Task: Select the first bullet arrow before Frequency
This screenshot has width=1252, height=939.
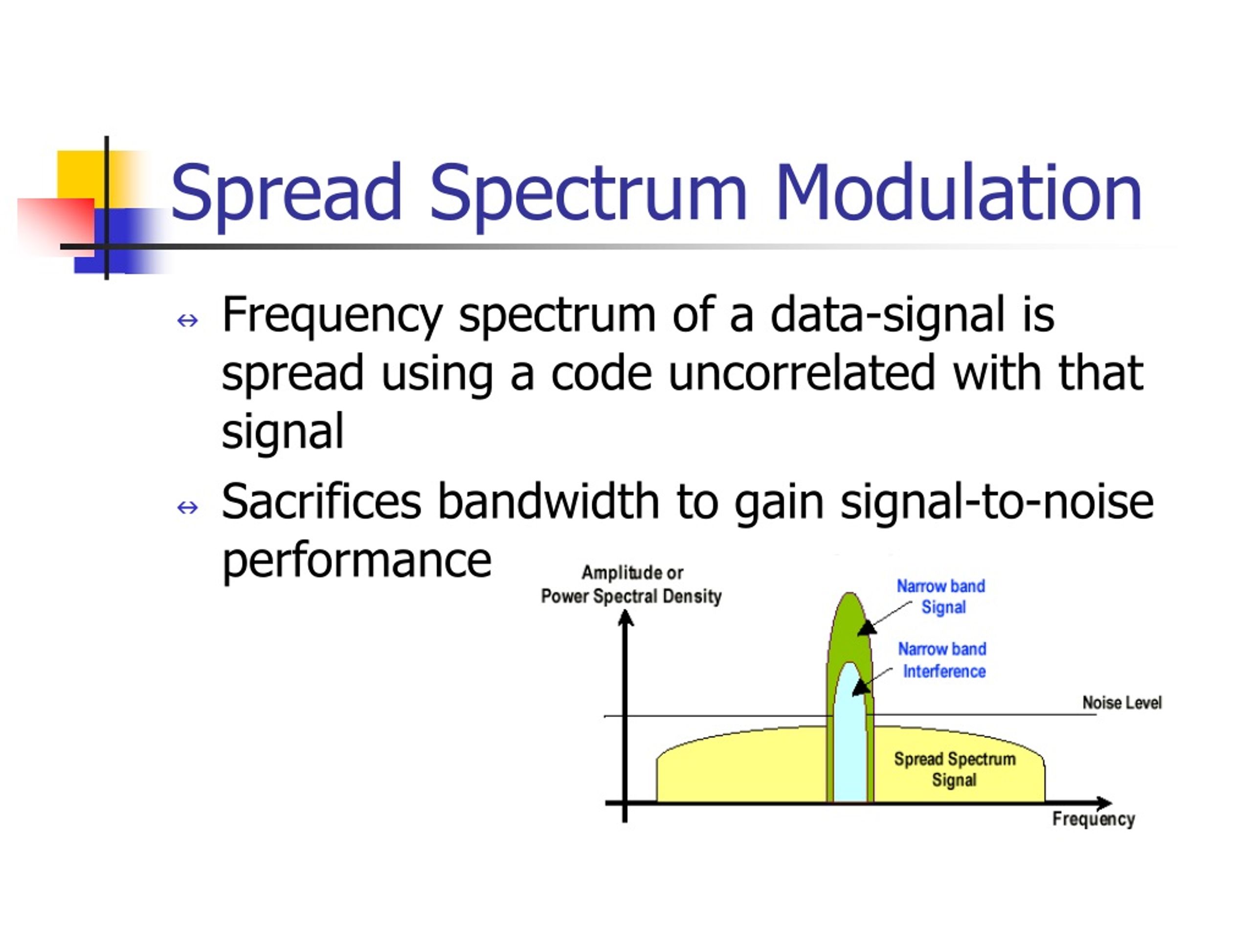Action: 187,321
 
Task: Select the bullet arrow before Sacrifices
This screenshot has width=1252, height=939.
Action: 187,507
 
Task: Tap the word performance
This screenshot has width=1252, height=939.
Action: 357,562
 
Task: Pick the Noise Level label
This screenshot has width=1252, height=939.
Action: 1121,702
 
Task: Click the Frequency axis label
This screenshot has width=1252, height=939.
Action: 1093,819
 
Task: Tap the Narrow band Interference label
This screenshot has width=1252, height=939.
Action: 942,660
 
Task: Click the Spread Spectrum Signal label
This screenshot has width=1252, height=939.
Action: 954,770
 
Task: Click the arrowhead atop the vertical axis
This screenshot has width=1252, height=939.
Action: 626,619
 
